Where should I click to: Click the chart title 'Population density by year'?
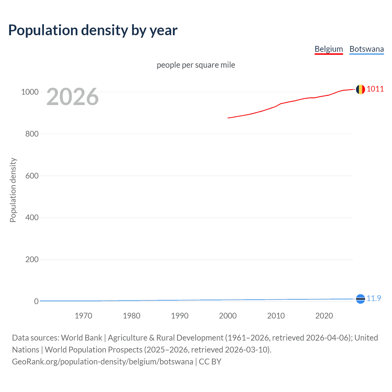(93, 30)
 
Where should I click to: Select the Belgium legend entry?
(329, 49)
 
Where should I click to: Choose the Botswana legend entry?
(367, 49)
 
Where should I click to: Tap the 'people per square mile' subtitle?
(196, 65)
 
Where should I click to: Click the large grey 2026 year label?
(73, 97)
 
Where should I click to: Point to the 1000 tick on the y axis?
(30, 92)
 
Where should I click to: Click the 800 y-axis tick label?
(32, 134)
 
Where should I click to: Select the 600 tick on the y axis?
(32, 176)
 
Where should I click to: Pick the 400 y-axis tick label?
(32, 218)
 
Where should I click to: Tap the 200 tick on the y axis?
(32, 259)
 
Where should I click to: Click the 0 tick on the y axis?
(36, 301)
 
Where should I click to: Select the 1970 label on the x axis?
(83, 316)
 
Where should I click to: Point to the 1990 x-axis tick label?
(180, 316)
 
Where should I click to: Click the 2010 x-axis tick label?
(276, 316)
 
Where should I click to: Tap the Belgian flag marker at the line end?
(360, 89)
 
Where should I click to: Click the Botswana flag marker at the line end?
(360, 299)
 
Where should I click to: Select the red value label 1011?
(375, 89)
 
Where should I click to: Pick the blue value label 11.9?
(374, 298)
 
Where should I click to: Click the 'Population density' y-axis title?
(13, 190)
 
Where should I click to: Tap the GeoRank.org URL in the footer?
(103, 362)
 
